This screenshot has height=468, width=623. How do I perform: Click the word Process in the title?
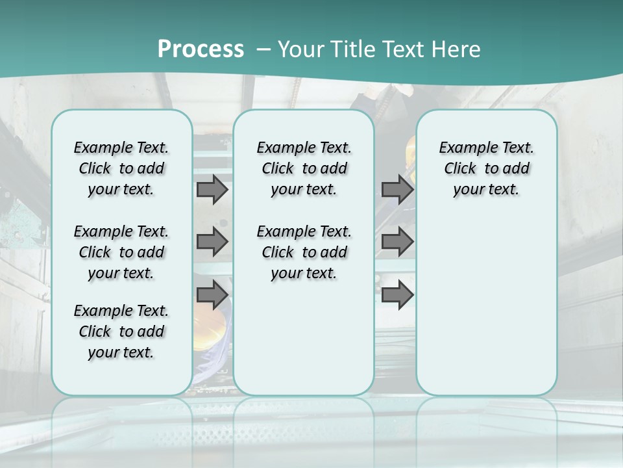click(201, 49)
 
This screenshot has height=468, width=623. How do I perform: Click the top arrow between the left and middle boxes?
click(212, 189)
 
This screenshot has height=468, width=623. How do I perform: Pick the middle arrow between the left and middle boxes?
click(212, 242)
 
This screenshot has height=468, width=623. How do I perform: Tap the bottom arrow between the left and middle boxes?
click(212, 295)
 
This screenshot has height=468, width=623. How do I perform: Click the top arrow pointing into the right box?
click(397, 189)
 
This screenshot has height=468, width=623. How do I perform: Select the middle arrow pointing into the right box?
click(397, 242)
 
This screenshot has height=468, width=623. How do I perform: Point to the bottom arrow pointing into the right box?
click(397, 295)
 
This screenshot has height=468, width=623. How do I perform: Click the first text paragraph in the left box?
click(121, 168)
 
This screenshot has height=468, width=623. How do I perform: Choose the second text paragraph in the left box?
click(121, 252)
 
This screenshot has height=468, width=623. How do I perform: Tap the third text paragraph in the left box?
click(121, 331)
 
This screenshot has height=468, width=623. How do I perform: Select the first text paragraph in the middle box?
click(304, 168)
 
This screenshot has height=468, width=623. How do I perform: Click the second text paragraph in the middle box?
click(304, 252)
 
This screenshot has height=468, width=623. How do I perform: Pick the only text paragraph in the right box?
click(487, 168)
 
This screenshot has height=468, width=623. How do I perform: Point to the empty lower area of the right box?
click(487, 305)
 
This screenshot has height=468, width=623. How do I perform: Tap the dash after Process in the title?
click(264, 49)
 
